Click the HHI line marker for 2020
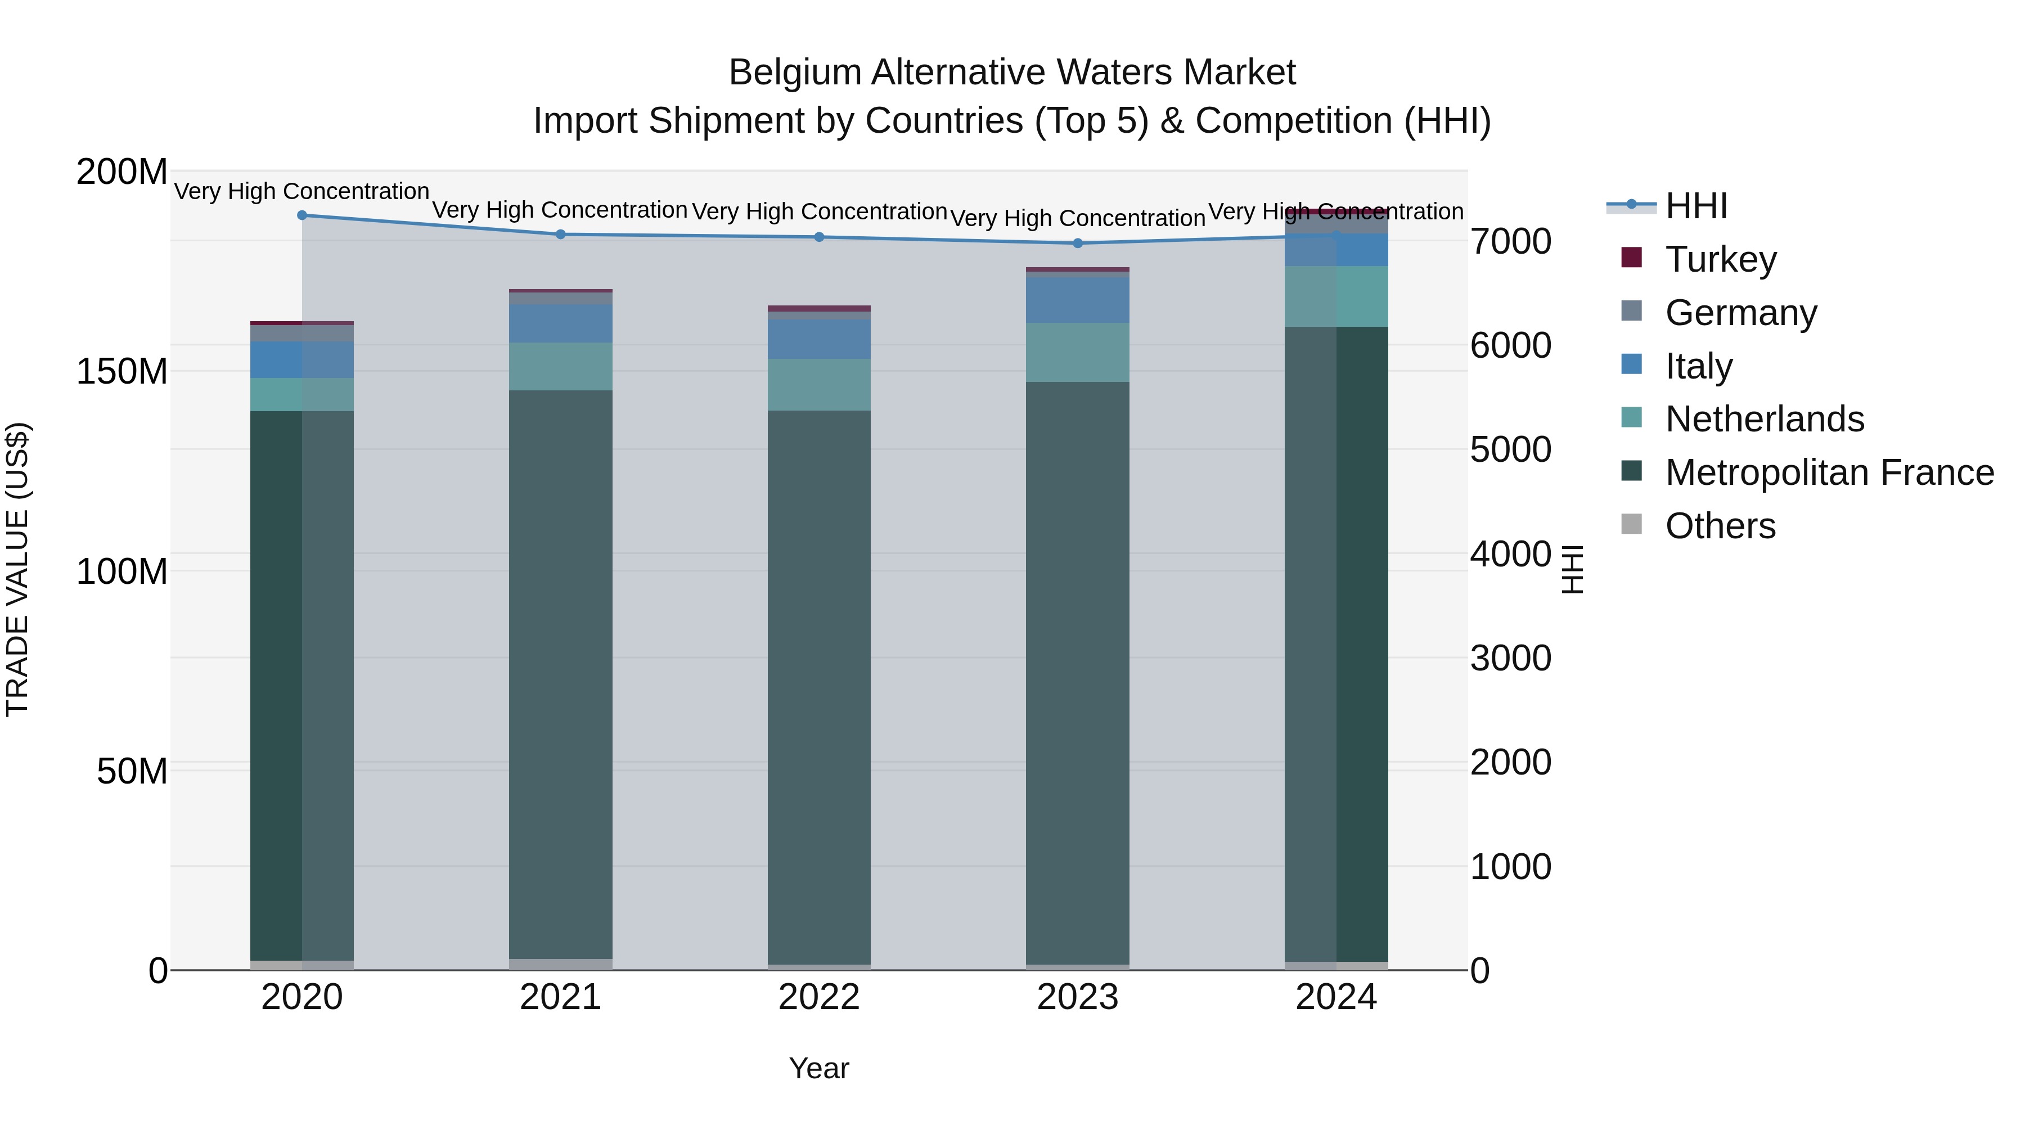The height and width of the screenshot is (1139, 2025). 302,215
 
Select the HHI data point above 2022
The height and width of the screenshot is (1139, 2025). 819,237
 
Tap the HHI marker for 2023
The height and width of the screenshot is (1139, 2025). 1078,243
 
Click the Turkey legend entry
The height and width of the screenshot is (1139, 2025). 1720,259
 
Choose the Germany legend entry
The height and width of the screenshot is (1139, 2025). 1740,313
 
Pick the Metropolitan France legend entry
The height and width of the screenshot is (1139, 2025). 1829,472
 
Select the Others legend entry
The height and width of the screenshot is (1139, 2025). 1720,526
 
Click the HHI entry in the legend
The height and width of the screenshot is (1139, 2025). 1695,206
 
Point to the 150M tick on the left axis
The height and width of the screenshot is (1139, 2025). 122,371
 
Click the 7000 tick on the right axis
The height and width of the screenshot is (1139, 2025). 1510,241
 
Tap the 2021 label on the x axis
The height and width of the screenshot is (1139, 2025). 560,997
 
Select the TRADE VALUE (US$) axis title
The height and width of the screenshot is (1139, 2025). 17,569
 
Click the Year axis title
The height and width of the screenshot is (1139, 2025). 818,1068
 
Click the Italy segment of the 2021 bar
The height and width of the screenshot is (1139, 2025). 560,323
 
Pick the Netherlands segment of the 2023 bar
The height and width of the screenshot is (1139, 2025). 1078,352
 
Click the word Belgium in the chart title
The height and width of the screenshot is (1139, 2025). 795,73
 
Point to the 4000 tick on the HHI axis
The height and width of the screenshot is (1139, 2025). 1510,554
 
